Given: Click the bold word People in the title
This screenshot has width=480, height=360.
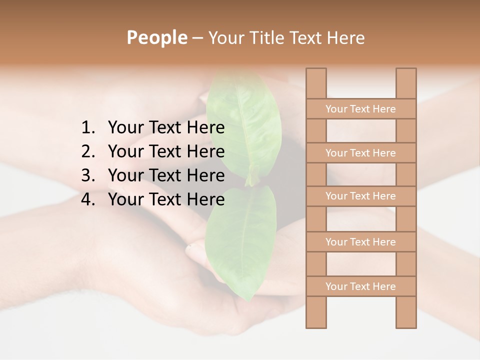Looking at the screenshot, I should [156, 37].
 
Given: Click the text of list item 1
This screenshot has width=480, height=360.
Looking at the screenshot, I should [166, 128].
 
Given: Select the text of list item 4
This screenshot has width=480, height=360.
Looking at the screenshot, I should [166, 199].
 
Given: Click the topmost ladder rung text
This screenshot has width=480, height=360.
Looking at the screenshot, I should [360, 109].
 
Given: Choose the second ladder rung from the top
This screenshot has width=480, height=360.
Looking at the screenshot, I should [360, 153].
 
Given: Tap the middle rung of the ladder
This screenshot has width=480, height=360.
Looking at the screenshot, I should [360, 196].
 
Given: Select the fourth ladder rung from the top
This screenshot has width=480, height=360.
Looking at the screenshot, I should [360, 242].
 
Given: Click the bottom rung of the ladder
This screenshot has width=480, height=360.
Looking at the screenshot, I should [360, 286].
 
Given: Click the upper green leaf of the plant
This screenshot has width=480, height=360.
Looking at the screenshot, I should [245, 125].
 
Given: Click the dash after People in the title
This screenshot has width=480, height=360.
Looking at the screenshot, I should [197, 38].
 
